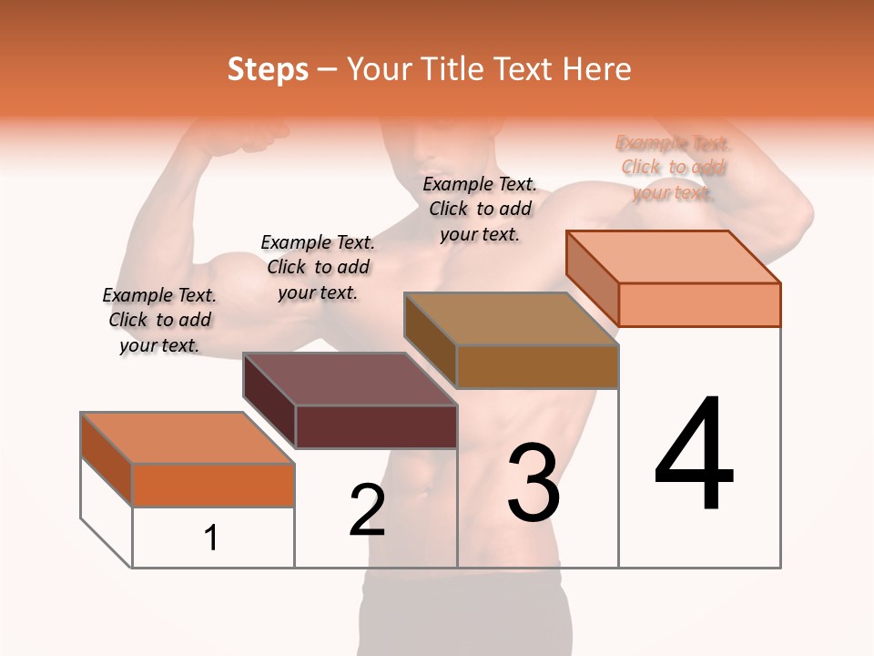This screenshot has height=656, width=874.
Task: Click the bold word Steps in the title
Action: tap(268, 69)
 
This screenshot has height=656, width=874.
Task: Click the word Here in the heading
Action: tap(595, 69)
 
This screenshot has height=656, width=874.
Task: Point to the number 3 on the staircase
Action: tap(534, 483)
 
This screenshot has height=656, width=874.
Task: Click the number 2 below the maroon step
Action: tap(367, 510)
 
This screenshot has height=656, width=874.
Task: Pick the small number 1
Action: tap(211, 538)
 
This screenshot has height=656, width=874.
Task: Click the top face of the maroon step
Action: tap(349, 379)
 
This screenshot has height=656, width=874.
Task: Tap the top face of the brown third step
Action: tap(511, 319)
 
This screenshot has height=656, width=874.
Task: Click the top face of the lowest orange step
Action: tap(188, 438)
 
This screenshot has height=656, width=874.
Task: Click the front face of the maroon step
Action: tap(376, 427)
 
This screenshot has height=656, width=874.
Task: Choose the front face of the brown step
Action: tap(537, 367)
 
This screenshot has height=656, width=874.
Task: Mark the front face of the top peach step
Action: tap(699, 304)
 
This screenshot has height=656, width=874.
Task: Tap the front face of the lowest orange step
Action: tap(213, 485)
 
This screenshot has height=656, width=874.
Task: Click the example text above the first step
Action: tap(159, 320)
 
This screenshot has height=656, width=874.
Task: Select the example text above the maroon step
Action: tap(318, 267)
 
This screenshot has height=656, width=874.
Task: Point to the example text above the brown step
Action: tap(480, 209)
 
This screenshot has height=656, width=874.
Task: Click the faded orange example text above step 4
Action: tap(673, 168)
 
